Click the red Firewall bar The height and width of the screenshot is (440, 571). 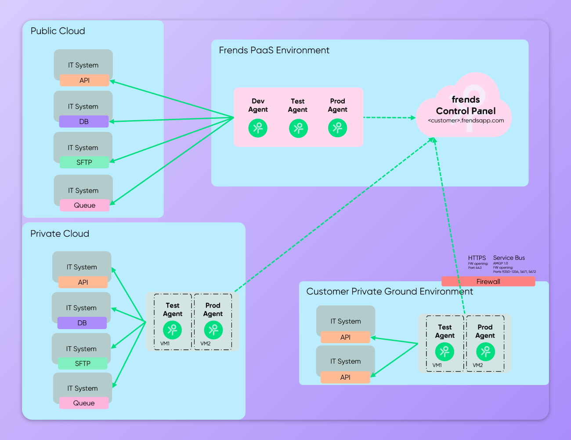(x=488, y=282)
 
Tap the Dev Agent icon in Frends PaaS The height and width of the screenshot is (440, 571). (x=258, y=128)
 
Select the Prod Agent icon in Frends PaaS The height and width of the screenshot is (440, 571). (x=337, y=128)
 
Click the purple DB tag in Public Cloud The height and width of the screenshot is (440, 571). (x=84, y=121)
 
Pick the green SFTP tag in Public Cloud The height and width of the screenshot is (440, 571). (x=84, y=162)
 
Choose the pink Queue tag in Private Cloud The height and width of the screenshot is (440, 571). (x=84, y=403)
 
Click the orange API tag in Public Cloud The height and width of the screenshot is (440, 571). (x=84, y=81)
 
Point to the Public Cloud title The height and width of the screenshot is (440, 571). (x=58, y=31)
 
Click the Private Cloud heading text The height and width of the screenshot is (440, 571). (x=60, y=234)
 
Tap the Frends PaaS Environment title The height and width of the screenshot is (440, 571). (x=274, y=51)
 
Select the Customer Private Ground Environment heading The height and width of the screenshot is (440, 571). (x=390, y=292)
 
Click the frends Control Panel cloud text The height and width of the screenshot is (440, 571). (x=466, y=106)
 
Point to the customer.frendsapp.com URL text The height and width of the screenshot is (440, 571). (x=466, y=121)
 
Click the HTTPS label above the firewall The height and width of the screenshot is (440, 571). (x=477, y=258)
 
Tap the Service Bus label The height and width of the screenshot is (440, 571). (x=509, y=258)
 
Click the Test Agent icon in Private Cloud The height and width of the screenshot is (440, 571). (x=172, y=330)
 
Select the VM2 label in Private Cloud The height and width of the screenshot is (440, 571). (x=206, y=344)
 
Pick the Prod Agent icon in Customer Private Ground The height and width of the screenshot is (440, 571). (x=485, y=352)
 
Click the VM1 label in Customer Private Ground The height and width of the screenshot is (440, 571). (x=437, y=365)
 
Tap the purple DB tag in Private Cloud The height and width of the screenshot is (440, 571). (x=82, y=323)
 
